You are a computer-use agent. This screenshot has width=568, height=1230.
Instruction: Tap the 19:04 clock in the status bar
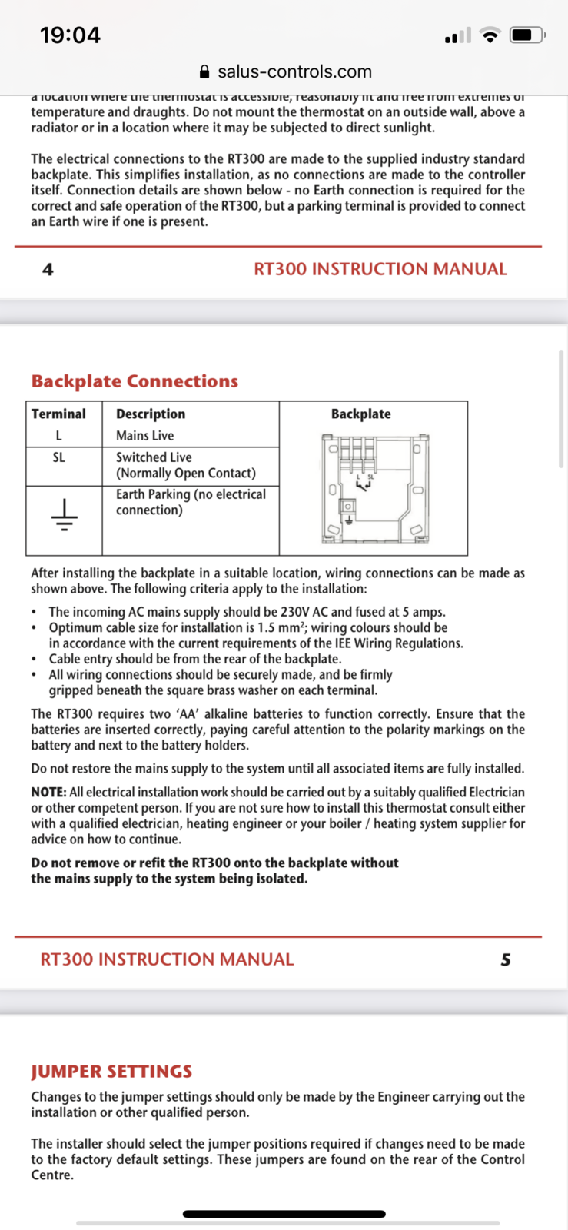point(70,35)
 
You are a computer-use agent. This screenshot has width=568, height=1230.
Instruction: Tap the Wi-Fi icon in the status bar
point(489,35)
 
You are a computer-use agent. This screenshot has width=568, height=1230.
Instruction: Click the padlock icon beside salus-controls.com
point(204,72)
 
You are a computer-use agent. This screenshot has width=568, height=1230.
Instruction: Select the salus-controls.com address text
point(294,71)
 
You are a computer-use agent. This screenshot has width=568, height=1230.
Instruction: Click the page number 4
point(48,269)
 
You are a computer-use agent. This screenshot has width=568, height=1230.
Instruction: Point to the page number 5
point(505,959)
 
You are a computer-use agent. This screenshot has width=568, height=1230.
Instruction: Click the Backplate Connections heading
point(135,381)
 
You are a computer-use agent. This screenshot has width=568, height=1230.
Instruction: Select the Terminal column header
point(58,414)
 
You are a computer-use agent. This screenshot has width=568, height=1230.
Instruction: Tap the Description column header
point(151,414)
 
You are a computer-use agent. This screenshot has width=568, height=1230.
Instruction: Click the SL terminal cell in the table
point(58,457)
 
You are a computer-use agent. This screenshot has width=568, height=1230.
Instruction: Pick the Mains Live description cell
point(144,435)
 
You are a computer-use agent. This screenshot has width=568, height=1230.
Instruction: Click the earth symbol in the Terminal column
point(64,515)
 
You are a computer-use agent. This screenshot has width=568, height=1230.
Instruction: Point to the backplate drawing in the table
point(374,488)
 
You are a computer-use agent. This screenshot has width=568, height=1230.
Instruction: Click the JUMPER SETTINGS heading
point(111,1072)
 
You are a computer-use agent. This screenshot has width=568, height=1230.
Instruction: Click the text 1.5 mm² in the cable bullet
point(282,627)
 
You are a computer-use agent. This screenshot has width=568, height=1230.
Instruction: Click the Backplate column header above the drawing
point(360,414)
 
